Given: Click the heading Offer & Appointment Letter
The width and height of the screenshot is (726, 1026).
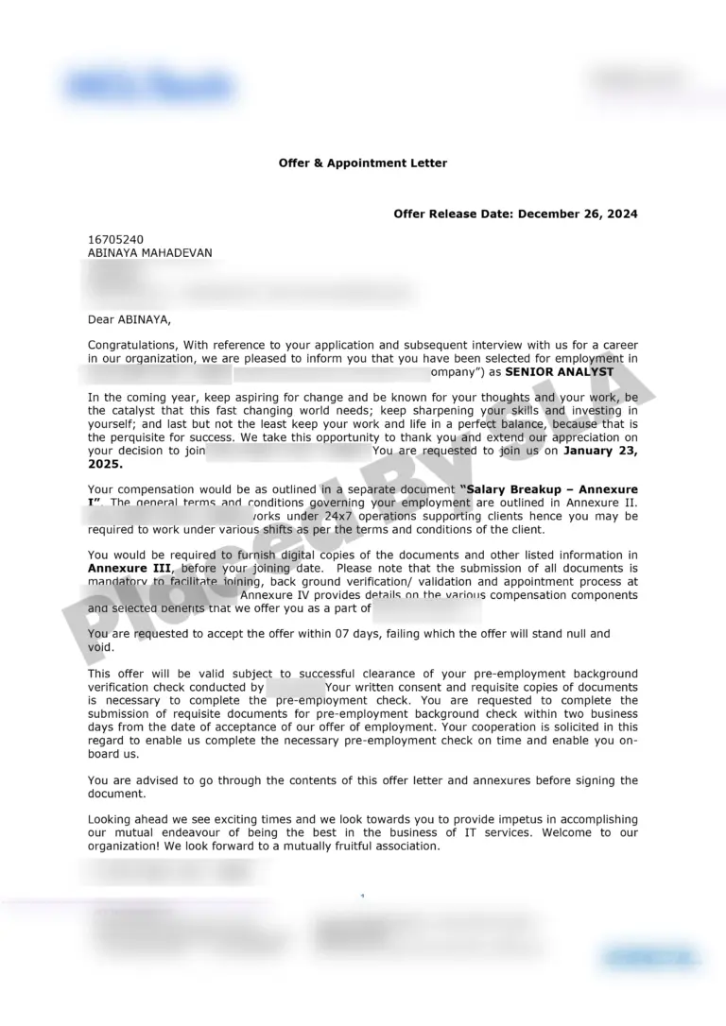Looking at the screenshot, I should tap(363, 163).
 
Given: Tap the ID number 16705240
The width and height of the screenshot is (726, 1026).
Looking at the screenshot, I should tap(116, 240).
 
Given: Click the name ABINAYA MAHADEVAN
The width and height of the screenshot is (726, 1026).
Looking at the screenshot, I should tap(150, 253).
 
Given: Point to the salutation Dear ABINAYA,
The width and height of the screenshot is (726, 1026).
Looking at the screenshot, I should tap(130, 319).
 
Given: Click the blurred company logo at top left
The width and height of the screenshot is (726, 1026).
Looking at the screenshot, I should tap(149, 86).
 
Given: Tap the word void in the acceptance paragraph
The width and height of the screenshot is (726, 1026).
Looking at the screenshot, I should tap(101, 647).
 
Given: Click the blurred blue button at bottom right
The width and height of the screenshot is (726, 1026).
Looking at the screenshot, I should tap(651, 956).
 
